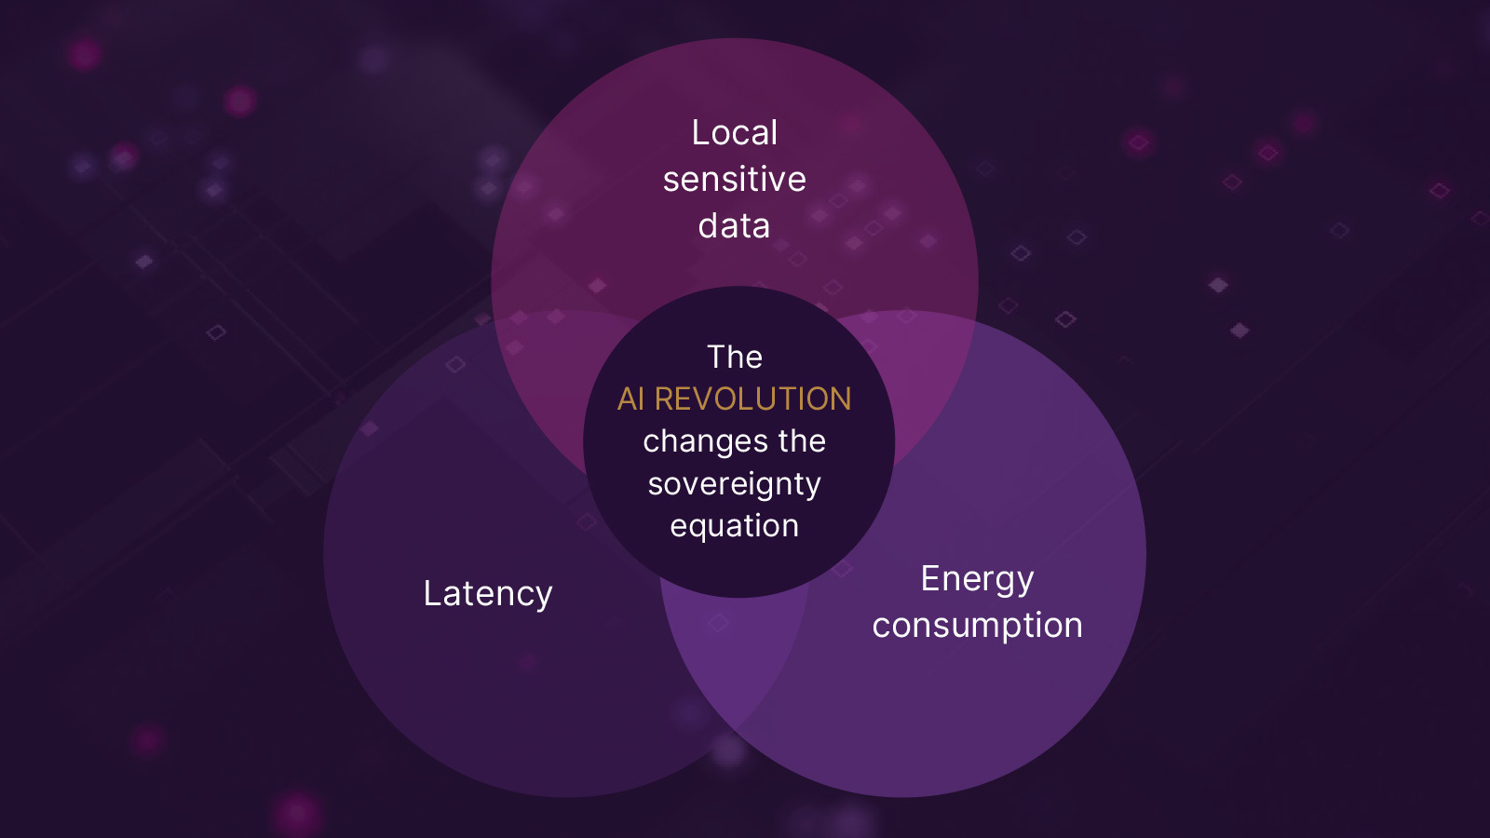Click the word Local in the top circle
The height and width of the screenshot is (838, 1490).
coord(734,133)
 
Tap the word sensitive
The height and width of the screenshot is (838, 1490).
coord(734,180)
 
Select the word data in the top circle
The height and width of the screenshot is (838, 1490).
coord(734,226)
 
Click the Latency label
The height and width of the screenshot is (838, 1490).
coord(488,594)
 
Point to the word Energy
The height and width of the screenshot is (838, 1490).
coord(977,579)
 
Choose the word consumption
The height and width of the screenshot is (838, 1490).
coord(977,626)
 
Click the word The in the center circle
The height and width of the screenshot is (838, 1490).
coord(735,358)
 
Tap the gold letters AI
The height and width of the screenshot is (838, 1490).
coord(630,399)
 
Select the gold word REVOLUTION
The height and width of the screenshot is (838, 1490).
coord(752,399)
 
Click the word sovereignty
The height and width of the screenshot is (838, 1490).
coord(734,484)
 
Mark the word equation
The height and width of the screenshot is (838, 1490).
coord(734,526)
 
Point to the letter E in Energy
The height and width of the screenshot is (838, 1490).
coord(929,578)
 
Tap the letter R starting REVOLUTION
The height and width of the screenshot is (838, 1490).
coord(665,399)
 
